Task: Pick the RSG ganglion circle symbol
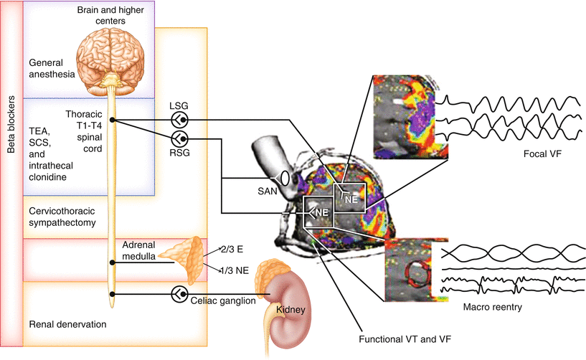pos(181,138)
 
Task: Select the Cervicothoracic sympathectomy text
pos(65,217)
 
